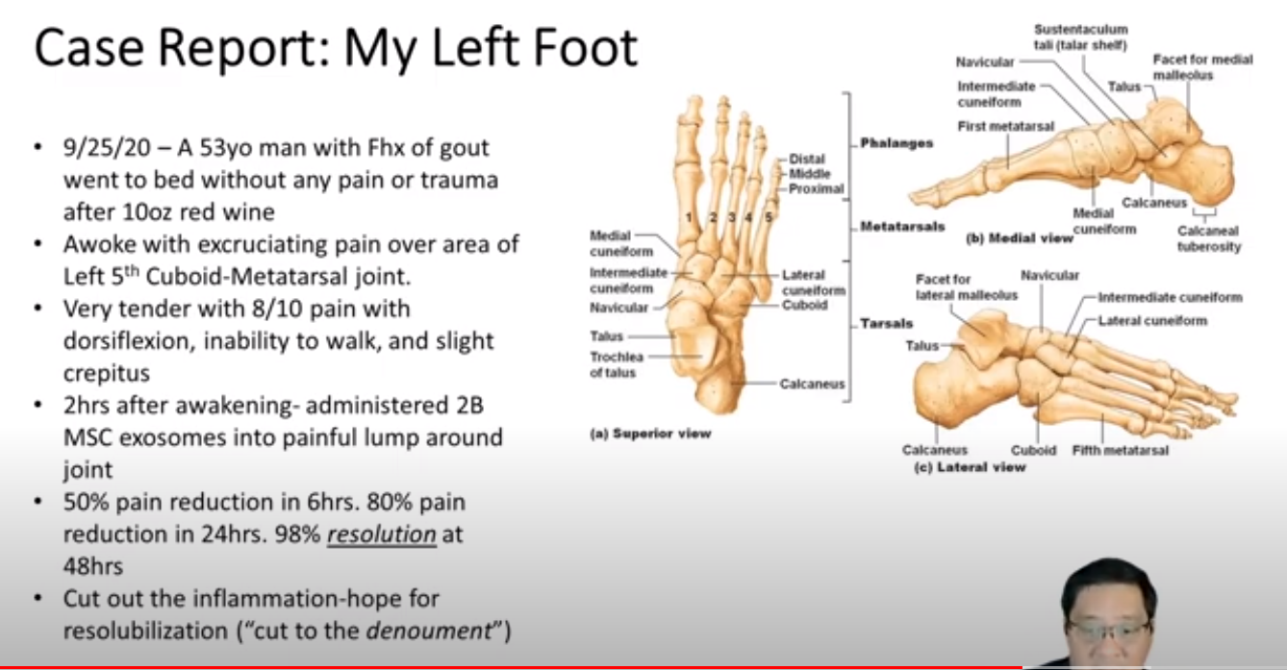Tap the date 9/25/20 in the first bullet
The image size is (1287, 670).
107,148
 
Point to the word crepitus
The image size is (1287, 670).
107,374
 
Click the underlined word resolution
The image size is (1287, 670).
382,534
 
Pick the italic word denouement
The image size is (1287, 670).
429,631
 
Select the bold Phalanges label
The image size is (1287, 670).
896,144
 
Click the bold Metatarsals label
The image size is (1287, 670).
902,227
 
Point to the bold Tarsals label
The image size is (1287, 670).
886,324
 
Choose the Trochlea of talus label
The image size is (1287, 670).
616,364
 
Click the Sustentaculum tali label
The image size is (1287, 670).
1081,37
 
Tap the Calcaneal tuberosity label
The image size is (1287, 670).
1209,238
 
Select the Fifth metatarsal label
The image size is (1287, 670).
1121,451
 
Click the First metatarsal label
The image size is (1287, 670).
1005,126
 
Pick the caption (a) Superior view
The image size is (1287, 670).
650,434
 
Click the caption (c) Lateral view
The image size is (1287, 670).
970,467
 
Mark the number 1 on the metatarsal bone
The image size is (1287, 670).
689,217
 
